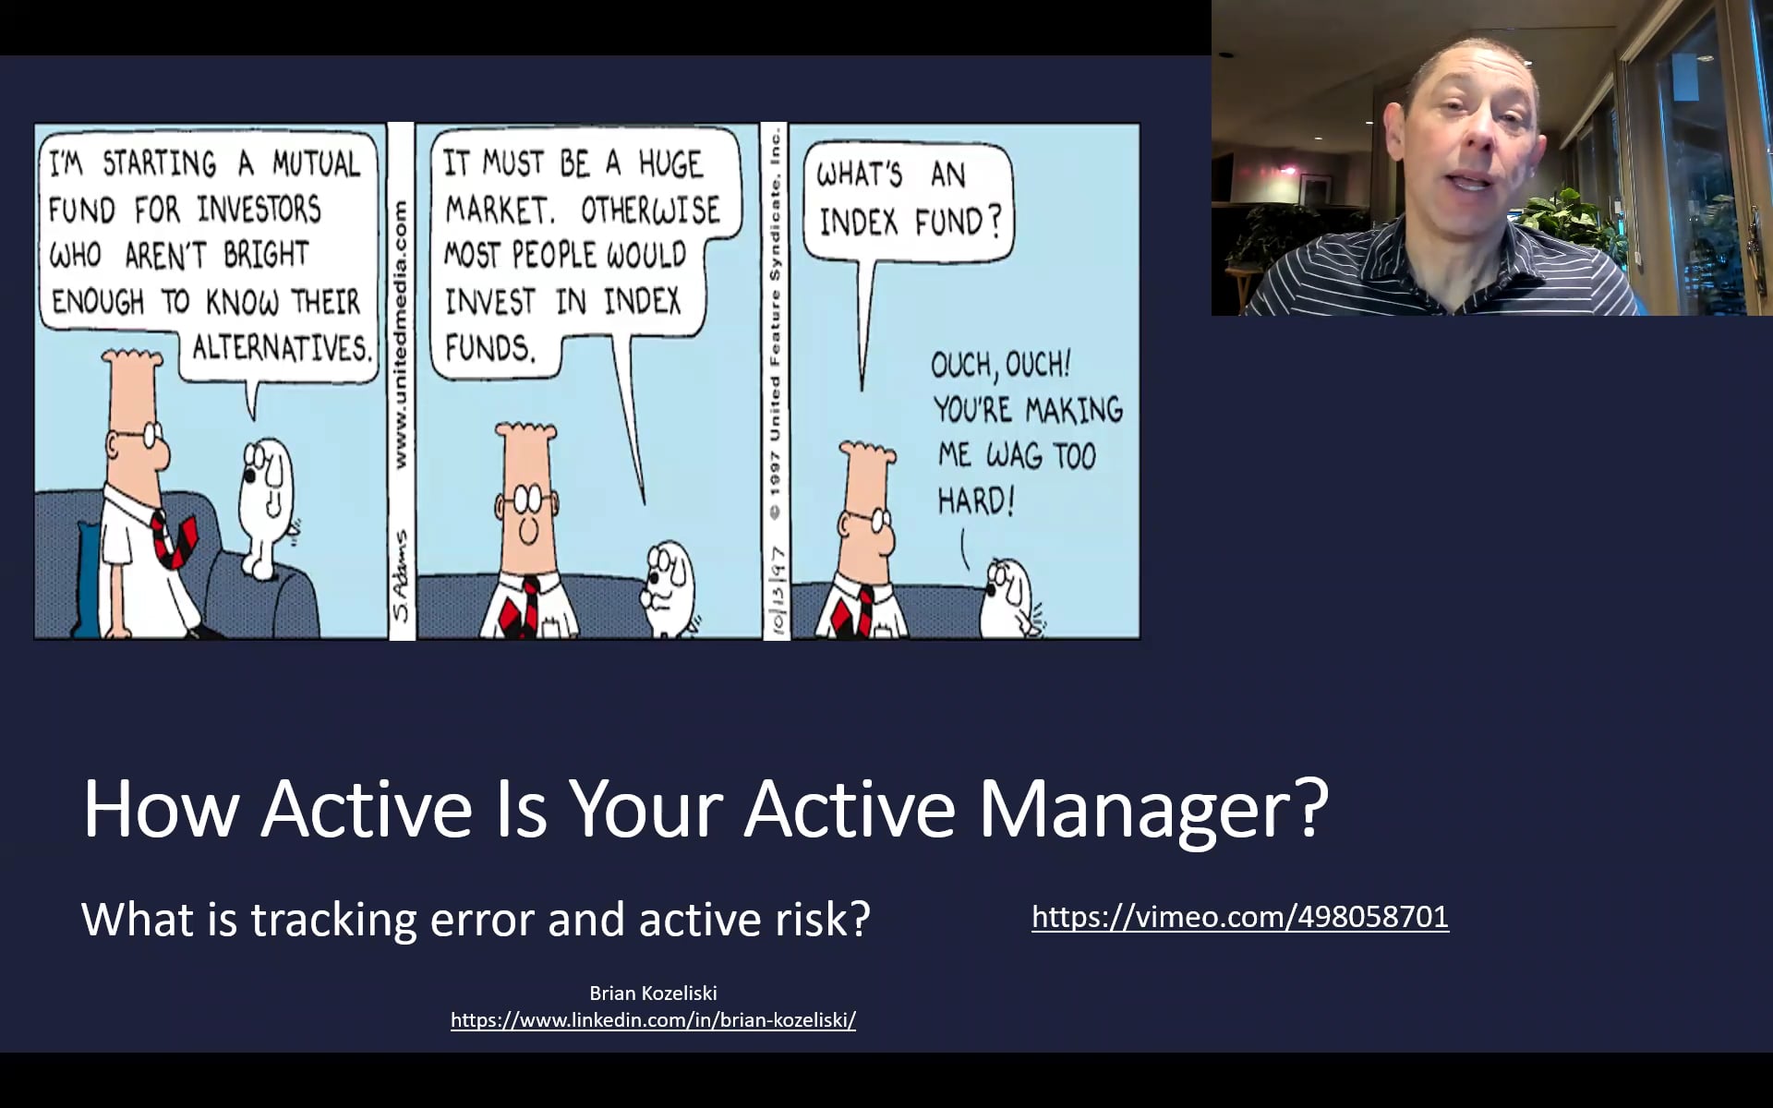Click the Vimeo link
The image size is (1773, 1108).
pyautogui.click(x=1240, y=917)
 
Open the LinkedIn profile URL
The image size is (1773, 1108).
pyautogui.click(x=653, y=1020)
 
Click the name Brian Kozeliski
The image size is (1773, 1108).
pyautogui.click(x=653, y=994)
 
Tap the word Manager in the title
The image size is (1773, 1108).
pyautogui.click(x=1152, y=809)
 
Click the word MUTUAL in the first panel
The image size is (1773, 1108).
pyautogui.click(x=315, y=164)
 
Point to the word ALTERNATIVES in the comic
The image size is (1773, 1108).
pyautogui.click(x=281, y=349)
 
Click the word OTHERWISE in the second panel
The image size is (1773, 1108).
pyautogui.click(x=650, y=211)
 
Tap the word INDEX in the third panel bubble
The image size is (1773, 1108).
pyautogui.click(x=858, y=223)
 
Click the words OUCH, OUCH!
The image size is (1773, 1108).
pyautogui.click(x=1000, y=366)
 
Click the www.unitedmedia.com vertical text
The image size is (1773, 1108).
pyautogui.click(x=401, y=332)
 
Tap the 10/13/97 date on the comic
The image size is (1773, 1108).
pyautogui.click(x=777, y=591)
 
